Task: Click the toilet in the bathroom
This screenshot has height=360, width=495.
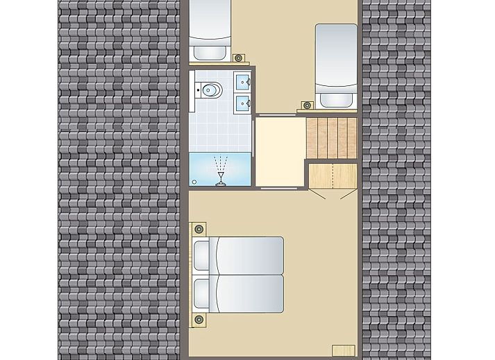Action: pos(210,89)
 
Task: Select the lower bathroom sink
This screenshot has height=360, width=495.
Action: pos(242,103)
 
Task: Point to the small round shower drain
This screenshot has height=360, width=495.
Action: pos(194,182)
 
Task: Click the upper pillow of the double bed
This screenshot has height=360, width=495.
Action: pos(202,255)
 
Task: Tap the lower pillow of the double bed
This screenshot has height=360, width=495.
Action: pos(202,294)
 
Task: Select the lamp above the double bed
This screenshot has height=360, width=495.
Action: pos(199,229)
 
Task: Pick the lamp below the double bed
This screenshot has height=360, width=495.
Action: pos(199,320)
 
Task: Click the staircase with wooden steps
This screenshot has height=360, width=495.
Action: pos(332,137)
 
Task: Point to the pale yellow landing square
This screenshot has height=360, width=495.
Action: pos(280,152)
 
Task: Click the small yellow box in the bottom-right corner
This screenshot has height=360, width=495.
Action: pos(343,349)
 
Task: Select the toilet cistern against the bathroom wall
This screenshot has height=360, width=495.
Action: pos(198,89)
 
